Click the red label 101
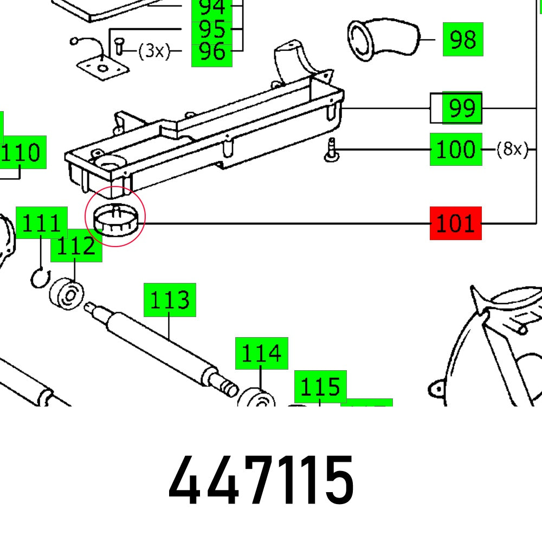455,223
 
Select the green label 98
462,39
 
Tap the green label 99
462,108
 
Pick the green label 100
455,149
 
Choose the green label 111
41,222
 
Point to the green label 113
169,300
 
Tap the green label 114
261,353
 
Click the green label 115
320,387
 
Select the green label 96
211,52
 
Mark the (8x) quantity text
512,149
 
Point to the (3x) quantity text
154,51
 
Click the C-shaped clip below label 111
38,278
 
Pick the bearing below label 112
67,294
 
